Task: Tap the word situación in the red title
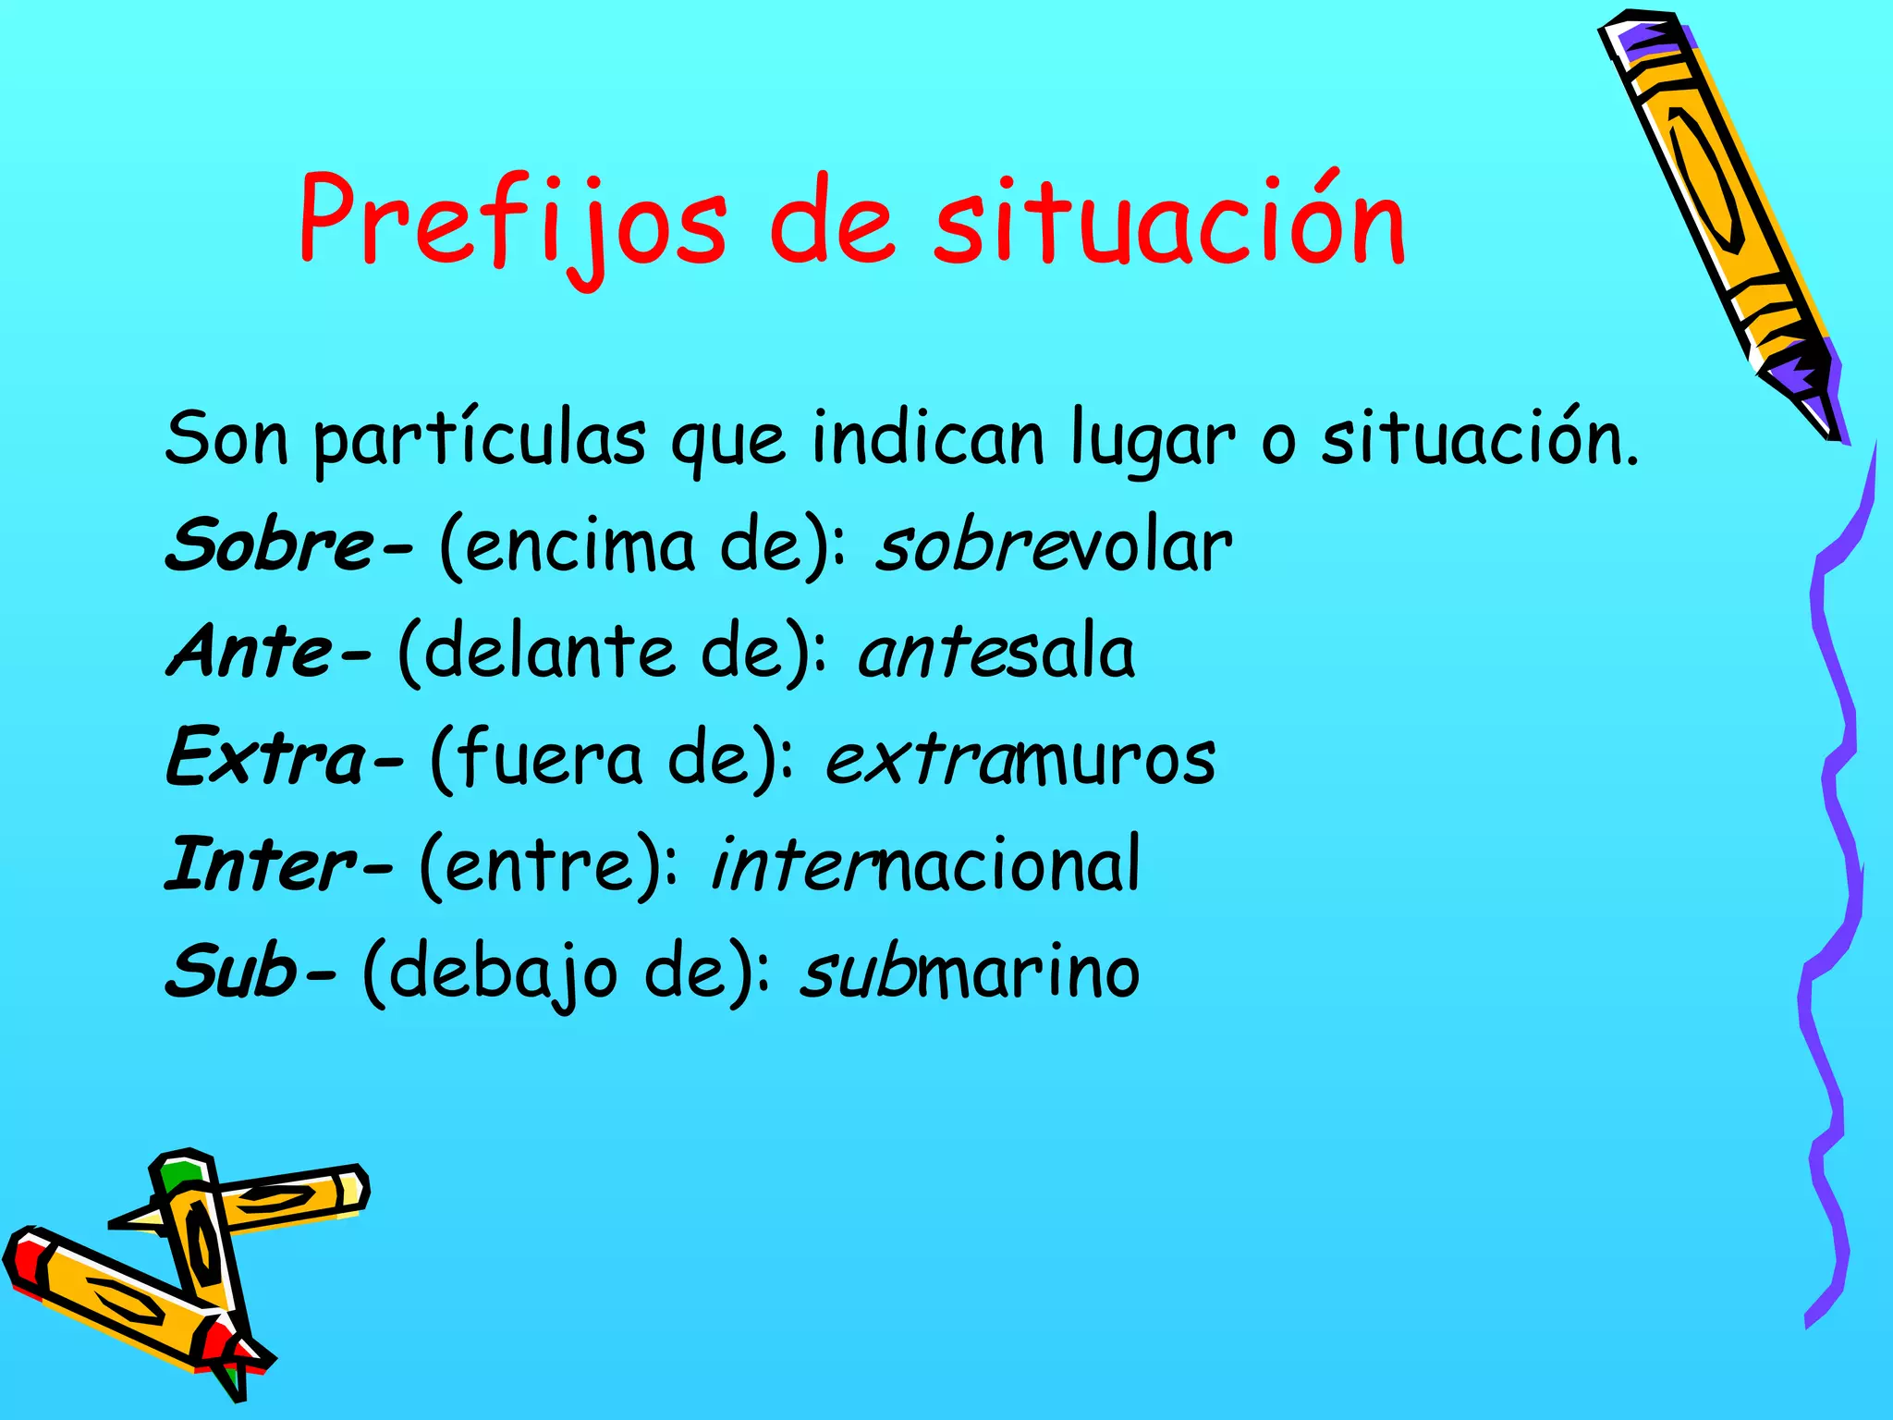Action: coord(1169,222)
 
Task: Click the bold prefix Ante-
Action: coord(269,652)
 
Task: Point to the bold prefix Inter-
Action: coord(278,864)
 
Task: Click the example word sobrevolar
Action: coord(1054,545)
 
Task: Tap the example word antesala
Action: coord(996,652)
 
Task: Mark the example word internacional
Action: coord(925,864)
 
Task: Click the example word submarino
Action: coord(970,973)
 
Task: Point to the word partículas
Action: coord(479,440)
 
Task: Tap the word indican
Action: coord(928,438)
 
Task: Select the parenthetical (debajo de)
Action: coord(565,973)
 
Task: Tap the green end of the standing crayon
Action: coord(180,1175)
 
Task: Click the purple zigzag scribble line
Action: coord(1835,878)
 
